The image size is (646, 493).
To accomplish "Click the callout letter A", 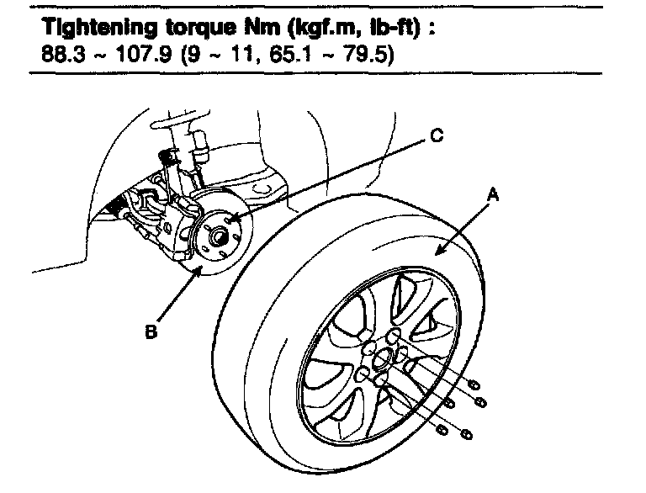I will (495, 194).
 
